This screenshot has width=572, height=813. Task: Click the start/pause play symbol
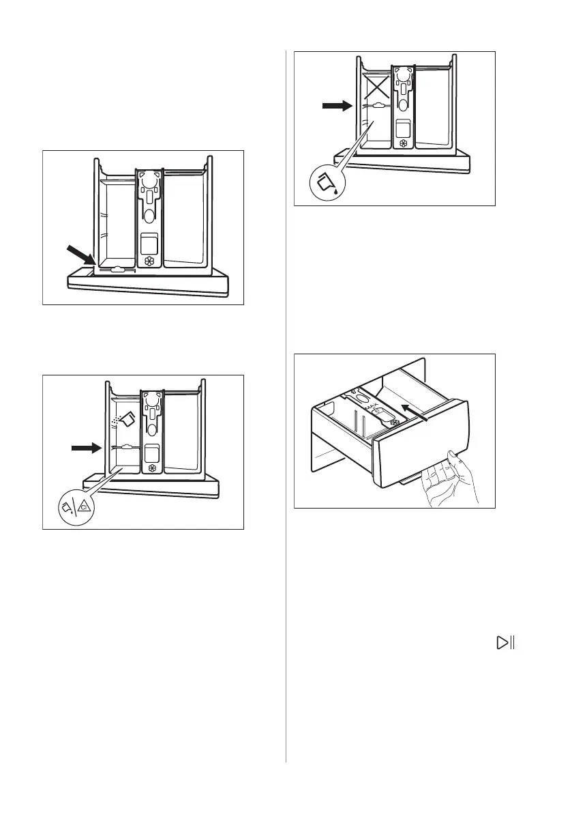[x=506, y=642]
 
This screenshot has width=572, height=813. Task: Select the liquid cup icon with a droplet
[x=326, y=184]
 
